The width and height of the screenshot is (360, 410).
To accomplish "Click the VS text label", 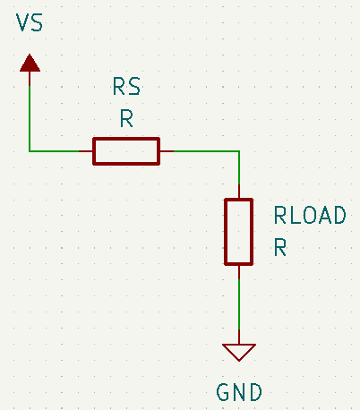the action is click(30, 22).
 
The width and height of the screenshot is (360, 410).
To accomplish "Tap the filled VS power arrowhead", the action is click(30, 64).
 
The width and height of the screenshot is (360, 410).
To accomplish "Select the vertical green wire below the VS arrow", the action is click(30, 118).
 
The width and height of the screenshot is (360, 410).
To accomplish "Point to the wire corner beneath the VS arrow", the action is click(30, 151).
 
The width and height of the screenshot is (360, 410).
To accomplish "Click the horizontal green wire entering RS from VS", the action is click(54, 151).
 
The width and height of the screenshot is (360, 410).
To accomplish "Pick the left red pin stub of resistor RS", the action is click(86, 151).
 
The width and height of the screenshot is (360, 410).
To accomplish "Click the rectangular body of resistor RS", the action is click(126, 151).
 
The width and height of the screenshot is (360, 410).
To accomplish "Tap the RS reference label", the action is click(126, 87).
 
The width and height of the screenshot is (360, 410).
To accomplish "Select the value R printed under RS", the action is click(126, 118).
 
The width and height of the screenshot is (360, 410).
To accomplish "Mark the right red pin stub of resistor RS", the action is click(167, 151).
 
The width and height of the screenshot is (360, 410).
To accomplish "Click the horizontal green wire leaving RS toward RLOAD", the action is click(207, 151).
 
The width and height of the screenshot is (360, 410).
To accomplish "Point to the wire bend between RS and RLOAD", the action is click(239, 151).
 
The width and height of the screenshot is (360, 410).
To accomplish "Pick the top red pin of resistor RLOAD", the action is click(239, 192).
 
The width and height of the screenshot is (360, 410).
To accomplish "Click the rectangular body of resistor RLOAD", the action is click(239, 232).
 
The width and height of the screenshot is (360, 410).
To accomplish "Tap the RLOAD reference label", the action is click(310, 215).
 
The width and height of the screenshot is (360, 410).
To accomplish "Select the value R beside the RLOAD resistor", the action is click(280, 247).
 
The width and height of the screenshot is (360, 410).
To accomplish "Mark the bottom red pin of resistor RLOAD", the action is click(239, 272).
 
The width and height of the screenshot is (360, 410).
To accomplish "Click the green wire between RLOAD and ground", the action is click(239, 304).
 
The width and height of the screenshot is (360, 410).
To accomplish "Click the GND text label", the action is click(239, 392).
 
